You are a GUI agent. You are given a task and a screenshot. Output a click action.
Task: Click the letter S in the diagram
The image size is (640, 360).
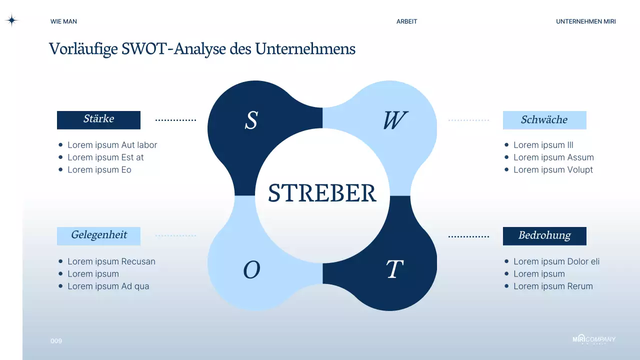251,120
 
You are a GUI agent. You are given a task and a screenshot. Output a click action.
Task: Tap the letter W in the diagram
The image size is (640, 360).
395,120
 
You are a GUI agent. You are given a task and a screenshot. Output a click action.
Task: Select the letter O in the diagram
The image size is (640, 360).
251,270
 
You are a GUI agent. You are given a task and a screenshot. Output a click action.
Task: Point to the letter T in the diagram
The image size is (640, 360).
394,270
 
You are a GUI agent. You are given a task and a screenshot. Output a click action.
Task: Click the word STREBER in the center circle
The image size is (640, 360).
322,193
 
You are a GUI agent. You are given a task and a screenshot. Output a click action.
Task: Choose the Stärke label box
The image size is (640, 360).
98,119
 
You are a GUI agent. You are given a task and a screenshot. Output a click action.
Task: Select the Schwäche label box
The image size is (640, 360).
544,120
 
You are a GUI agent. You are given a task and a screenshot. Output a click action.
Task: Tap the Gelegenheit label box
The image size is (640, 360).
98,235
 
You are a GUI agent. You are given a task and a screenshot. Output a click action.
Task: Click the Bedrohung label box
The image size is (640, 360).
544,235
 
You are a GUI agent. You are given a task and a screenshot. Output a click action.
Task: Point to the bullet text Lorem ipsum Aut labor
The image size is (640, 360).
112,145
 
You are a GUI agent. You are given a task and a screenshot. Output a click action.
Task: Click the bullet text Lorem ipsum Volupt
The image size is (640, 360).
553,169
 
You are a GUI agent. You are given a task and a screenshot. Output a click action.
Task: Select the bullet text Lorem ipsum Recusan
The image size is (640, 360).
111,261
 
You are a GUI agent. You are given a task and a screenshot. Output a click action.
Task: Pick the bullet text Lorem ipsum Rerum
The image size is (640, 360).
553,286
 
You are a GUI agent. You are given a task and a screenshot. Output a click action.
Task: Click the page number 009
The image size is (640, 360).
56,341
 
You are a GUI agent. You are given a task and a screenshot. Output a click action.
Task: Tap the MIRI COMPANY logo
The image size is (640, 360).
594,339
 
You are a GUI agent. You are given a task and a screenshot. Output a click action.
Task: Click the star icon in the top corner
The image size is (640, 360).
11,20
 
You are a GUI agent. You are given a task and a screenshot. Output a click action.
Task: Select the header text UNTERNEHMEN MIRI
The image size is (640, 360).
585,21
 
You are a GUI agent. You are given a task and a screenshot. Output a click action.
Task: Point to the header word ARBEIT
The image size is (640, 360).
406,21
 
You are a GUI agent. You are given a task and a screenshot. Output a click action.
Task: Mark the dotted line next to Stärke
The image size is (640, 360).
175,120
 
